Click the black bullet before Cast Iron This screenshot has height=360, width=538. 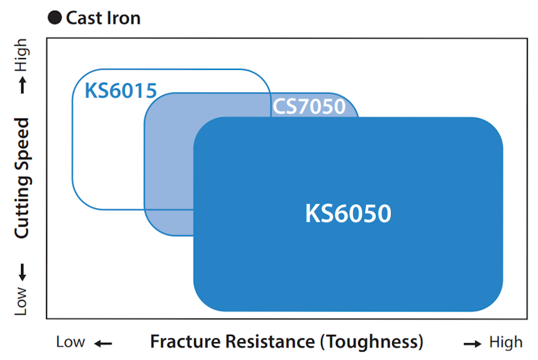coord(54,18)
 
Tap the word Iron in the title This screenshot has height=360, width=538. coord(125,18)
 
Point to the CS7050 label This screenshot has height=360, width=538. coord(309,106)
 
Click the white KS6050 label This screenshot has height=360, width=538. coord(348,213)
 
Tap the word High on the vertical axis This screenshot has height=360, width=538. coord(22,54)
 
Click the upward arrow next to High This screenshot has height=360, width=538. coord(22,84)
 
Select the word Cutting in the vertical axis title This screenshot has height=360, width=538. coord(22,209)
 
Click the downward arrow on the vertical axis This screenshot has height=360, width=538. coord(22,272)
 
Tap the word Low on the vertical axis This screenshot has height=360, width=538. coord(22,301)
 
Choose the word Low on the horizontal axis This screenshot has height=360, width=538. coord(71,342)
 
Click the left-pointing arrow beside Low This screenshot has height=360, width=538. coord(103,343)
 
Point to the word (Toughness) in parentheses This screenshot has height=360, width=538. coord(371,342)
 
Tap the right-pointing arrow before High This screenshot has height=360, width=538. coord(473,343)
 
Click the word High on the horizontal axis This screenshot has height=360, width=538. coord(506,342)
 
